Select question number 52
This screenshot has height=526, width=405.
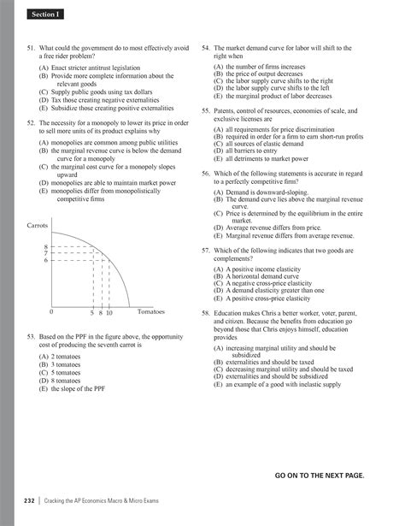[32, 124]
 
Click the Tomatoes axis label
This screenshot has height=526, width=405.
[150, 311]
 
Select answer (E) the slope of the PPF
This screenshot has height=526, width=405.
[73, 388]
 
